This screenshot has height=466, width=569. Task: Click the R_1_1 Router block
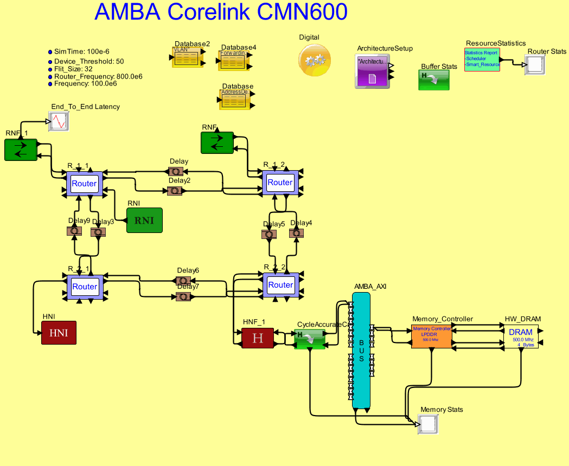pos(84,184)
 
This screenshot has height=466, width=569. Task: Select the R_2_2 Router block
pos(280,284)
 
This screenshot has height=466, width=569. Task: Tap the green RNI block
pos(144,221)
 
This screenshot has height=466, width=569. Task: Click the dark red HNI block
pos(59,333)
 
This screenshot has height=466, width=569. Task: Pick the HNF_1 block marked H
pos(258,338)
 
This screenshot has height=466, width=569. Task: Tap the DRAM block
pos(520,336)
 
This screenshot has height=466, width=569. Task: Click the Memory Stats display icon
pos(428,424)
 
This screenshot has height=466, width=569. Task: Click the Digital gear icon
pos(314,60)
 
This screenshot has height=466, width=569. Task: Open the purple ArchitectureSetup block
pos(372,72)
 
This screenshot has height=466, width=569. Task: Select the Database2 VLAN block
pos(186,57)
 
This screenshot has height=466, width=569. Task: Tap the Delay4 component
pos(296,233)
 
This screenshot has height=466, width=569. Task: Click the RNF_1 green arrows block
pos(21,150)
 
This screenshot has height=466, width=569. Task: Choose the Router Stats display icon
pos(534,64)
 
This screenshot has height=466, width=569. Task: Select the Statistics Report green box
pos(482,60)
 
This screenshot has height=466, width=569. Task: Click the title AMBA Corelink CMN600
pos(221,12)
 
